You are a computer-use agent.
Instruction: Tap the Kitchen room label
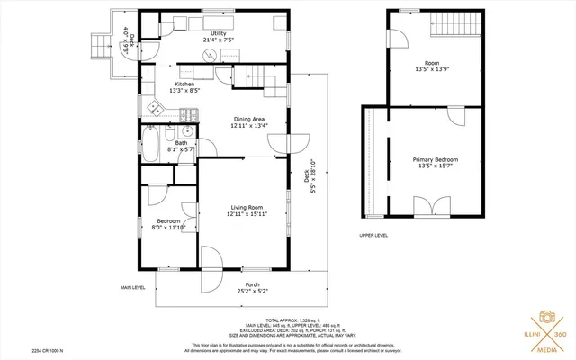point(185,87)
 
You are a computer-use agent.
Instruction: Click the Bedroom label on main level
point(168,224)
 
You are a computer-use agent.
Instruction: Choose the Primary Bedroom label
point(436,163)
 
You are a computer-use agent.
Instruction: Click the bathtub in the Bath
point(152,144)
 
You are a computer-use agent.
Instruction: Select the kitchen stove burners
point(189,114)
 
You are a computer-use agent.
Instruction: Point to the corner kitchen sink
point(155,110)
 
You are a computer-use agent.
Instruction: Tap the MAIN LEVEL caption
point(132,288)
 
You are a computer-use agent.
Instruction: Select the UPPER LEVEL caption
point(373,235)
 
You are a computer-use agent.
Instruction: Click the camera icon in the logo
point(545,319)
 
